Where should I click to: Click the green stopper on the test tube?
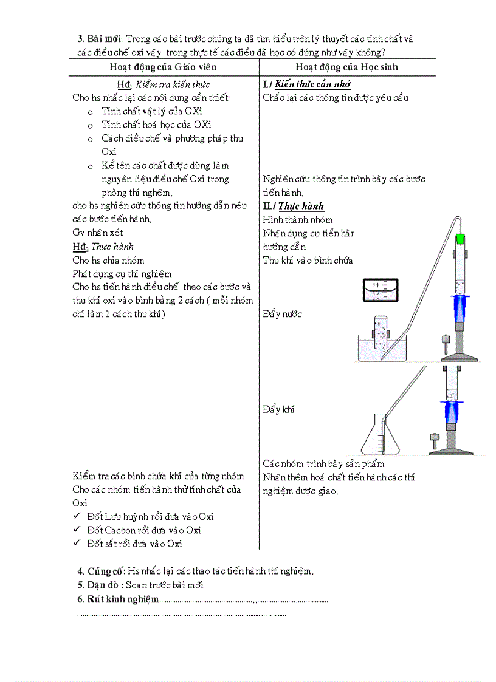click(x=461, y=239)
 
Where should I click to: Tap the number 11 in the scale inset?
click(x=376, y=284)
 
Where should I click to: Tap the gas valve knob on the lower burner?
click(x=435, y=437)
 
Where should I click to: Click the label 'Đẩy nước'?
click(x=282, y=314)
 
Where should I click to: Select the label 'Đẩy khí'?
click(x=278, y=409)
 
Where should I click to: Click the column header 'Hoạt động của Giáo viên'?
click(x=163, y=67)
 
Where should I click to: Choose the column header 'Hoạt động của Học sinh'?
click(x=347, y=67)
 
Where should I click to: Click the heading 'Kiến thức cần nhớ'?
click(x=312, y=84)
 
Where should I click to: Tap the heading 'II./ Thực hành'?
click(x=294, y=206)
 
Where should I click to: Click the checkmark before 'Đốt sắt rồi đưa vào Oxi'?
click(x=77, y=544)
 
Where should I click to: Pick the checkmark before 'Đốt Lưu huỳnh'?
click(x=77, y=516)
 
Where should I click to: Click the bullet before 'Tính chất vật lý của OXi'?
click(x=90, y=112)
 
